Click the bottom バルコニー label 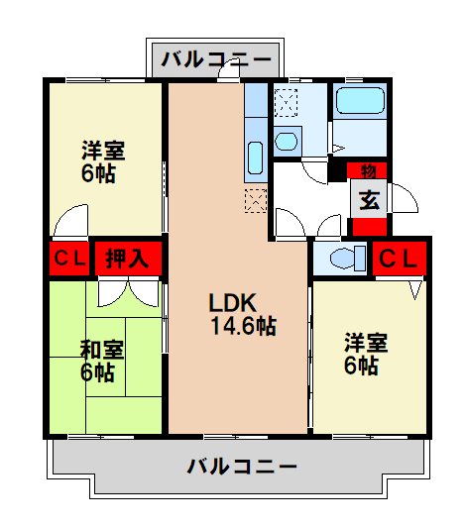(241, 465)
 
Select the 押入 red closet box (129, 260)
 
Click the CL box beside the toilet (402, 259)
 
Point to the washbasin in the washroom (288, 140)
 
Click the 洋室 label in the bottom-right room (365, 344)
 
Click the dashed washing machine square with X (288, 102)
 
